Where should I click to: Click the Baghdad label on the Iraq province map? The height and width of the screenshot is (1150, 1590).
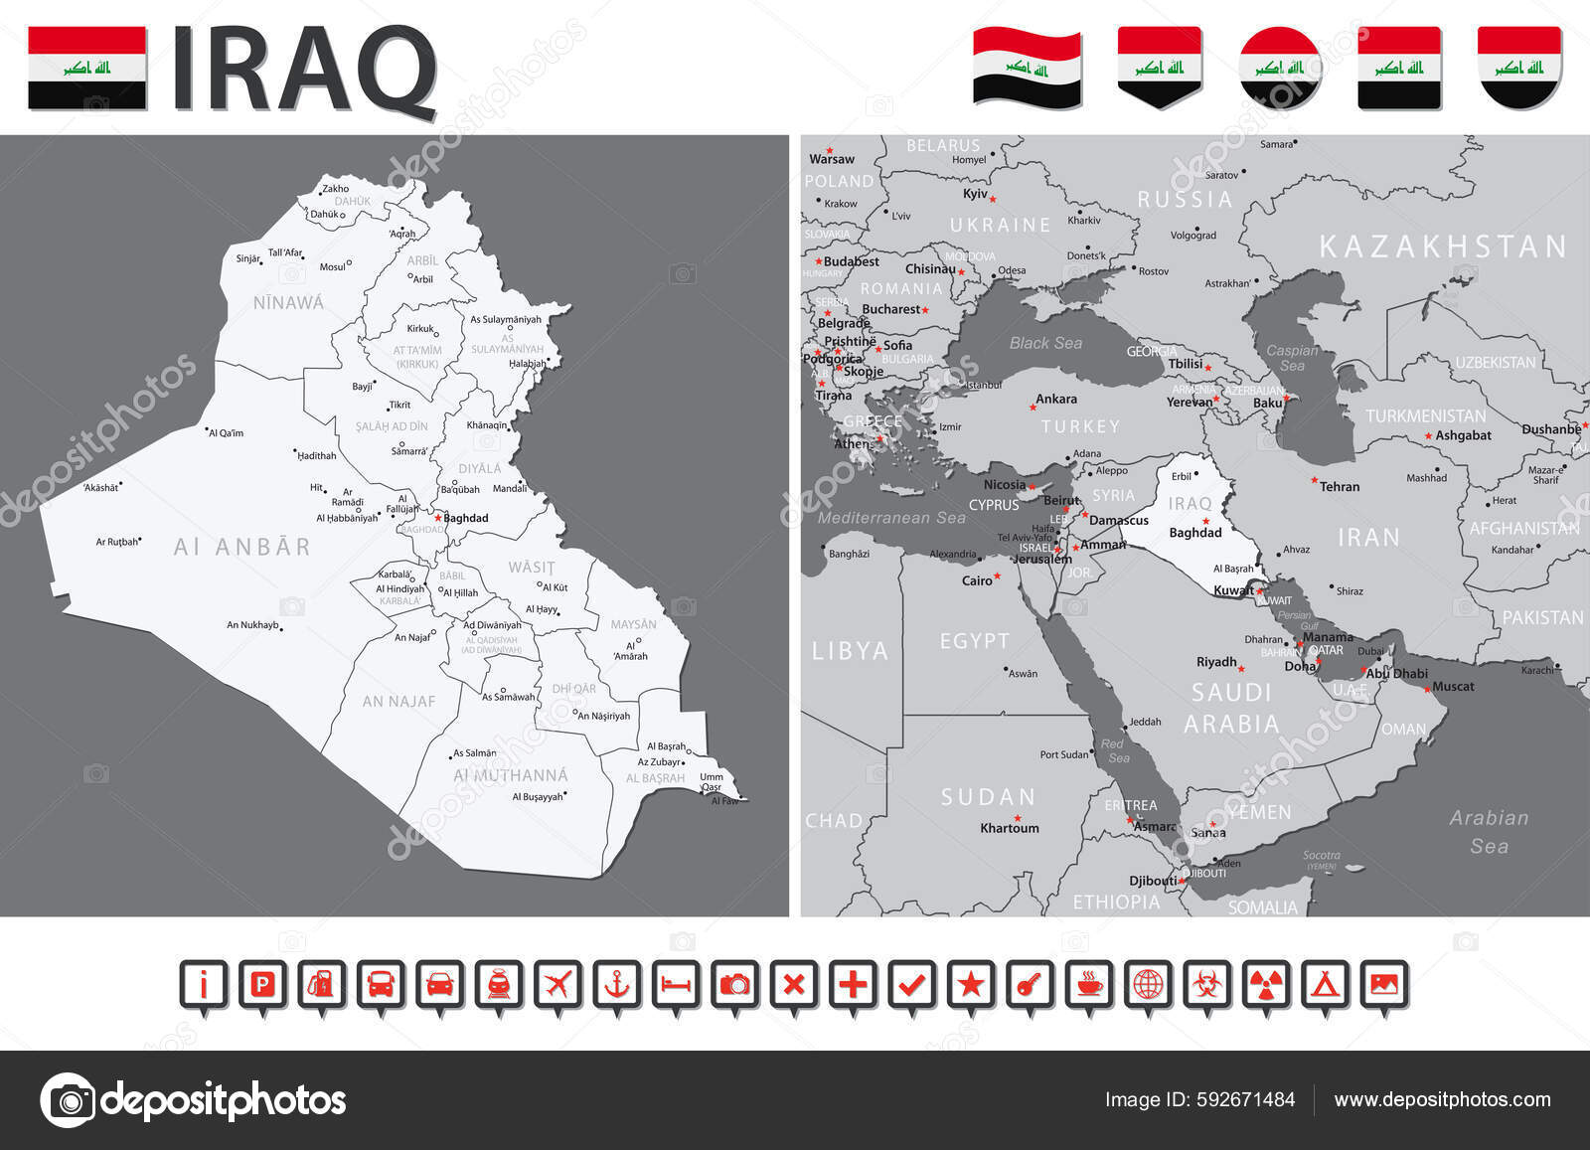tap(465, 518)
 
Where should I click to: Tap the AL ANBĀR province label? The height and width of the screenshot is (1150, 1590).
tap(241, 547)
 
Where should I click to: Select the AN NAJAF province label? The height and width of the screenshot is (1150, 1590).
tap(398, 702)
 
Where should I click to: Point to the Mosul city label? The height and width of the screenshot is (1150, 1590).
tap(333, 266)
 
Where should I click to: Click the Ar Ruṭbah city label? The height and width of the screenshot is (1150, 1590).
tap(117, 542)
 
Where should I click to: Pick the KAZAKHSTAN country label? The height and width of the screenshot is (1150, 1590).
tap(1443, 246)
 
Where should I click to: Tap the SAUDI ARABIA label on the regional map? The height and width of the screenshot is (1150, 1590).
tap(1231, 708)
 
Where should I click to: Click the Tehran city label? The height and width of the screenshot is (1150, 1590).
tap(1340, 487)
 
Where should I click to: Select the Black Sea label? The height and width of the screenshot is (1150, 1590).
tap(1045, 343)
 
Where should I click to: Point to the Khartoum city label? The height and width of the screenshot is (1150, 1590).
tap(1010, 828)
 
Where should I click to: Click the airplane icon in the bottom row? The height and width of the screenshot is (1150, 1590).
tap(558, 984)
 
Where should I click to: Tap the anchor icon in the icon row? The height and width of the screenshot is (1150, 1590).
tap(617, 984)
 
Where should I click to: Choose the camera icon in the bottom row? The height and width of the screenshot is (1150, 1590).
tap(734, 984)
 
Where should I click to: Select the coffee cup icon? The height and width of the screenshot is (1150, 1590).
tap(1089, 984)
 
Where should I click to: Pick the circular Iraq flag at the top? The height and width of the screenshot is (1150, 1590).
tap(1279, 68)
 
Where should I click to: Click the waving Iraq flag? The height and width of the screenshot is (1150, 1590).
tap(1027, 68)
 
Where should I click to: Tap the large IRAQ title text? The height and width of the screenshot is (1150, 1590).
tap(304, 70)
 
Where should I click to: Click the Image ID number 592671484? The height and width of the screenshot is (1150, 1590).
tap(1246, 1099)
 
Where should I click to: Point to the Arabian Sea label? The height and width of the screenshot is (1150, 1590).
tap(1489, 832)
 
